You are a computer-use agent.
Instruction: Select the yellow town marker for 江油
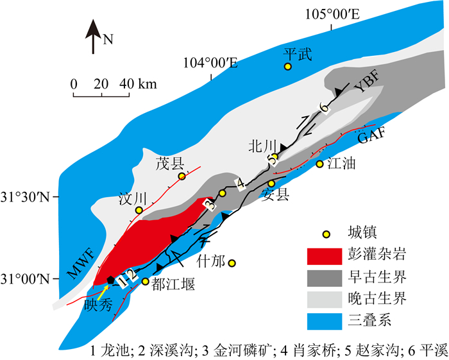click(x=319, y=164)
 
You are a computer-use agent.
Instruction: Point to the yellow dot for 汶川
click(x=139, y=210)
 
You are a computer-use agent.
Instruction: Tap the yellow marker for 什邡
click(x=232, y=263)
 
